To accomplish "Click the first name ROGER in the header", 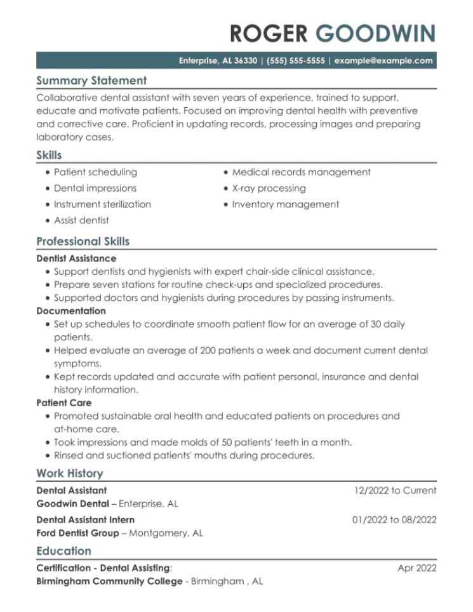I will pos(268,33).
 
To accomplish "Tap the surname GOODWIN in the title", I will pos(375,33).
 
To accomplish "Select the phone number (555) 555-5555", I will pos(296,61).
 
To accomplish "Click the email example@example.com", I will pos(383,61).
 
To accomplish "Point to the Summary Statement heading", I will pos(91,81).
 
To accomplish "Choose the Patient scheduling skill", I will pos(95,172).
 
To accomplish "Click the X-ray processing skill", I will pos(269,189).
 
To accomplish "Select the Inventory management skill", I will pos(285,204).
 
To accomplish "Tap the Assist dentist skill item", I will pos(81,220).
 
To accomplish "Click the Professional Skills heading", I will pos(83,241).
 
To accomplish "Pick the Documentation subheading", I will pos(71,311).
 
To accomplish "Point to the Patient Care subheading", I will pos(64,402).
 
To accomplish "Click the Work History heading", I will pos(69,473).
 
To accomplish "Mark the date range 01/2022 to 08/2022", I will pos(394,519).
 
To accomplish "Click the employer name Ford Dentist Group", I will pos(77,533).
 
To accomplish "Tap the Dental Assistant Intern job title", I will pos(86,519).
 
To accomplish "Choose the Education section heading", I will pos(63,551).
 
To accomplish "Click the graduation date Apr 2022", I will pos(417,568).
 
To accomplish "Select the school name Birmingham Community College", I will pos(109,582).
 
